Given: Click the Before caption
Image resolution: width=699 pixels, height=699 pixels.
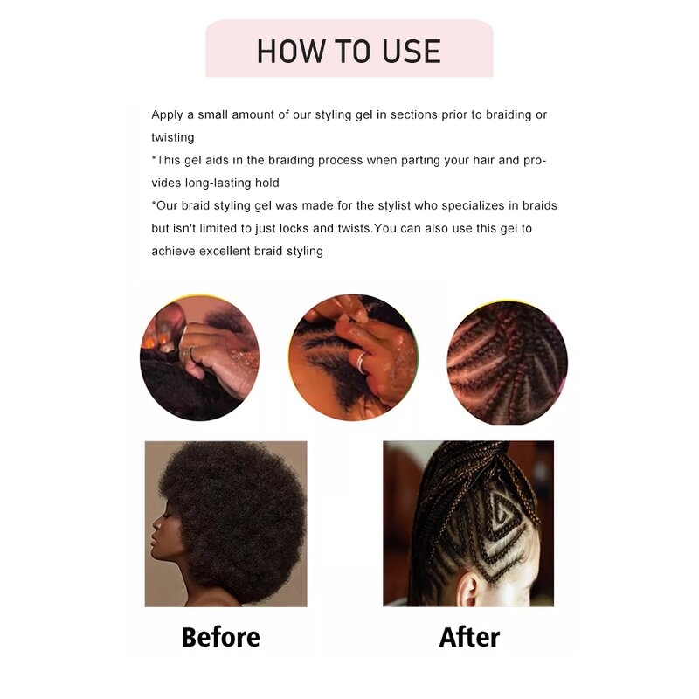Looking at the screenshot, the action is (221, 637).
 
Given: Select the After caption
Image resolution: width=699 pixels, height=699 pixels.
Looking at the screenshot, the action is (469, 637).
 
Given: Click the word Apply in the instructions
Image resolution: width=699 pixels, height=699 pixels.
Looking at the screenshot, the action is (167, 115).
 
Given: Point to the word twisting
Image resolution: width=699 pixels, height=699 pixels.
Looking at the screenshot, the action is (172, 137).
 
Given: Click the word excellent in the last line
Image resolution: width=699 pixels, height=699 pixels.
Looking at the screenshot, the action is (225, 251).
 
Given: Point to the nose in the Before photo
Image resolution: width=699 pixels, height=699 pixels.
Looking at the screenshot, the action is (156, 524).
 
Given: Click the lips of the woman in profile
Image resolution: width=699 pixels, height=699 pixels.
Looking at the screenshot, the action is (156, 539).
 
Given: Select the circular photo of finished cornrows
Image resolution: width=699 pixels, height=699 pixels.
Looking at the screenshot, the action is (508, 363).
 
